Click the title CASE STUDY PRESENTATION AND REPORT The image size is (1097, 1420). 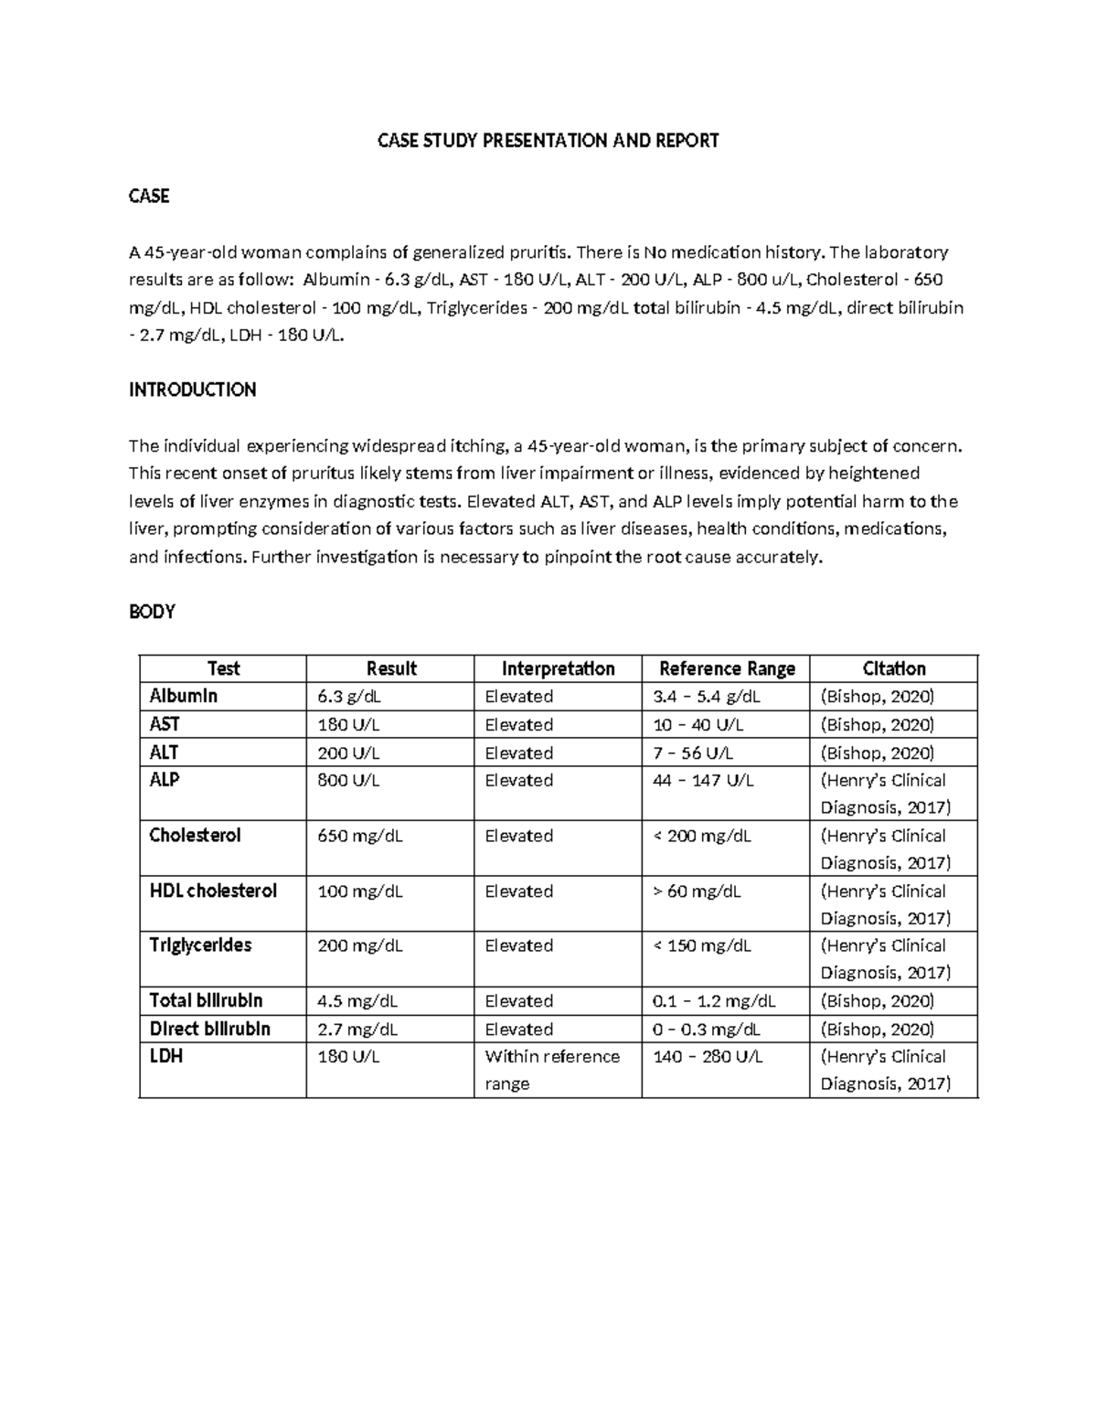coord(548,141)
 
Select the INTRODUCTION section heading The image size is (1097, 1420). coord(192,390)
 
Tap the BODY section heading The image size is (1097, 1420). coord(152,613)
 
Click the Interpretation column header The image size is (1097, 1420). coord(558,668)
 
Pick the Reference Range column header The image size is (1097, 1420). coord(727,668)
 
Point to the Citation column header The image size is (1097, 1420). coord(894,668)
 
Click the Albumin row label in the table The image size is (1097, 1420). coord(184,696)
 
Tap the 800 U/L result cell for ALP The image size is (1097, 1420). coord(348,780)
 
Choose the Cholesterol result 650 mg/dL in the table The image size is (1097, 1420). coord(359,836)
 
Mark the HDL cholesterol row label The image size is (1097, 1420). coord(213,891)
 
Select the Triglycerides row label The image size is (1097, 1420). coord(200,945)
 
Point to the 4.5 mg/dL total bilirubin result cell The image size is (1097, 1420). coord(357,1001)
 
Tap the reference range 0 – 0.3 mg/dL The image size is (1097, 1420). coord(706,1030)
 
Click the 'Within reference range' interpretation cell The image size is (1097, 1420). coord(552,1070)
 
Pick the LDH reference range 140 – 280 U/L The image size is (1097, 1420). coord(708,1057)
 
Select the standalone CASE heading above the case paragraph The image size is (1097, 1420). coord(149,197)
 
